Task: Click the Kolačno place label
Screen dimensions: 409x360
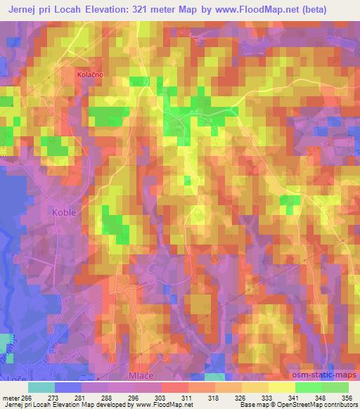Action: [89, 73]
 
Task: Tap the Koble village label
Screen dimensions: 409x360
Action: [63, 211]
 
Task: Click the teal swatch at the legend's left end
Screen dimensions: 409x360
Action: [41, 387]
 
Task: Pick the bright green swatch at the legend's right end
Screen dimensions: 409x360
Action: [334, 387]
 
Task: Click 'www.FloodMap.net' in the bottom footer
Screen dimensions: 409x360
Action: [163, 405]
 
